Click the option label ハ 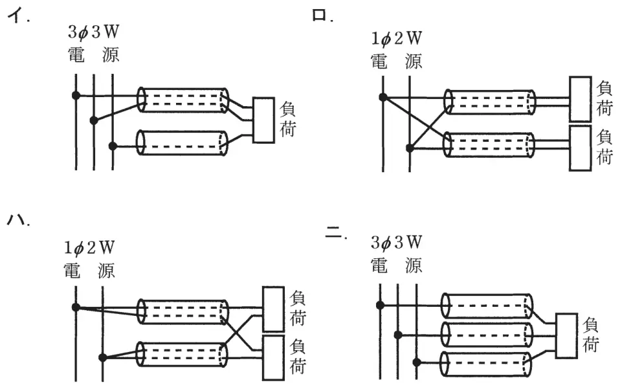(x=16, y=219)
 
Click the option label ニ (x=333, y=233)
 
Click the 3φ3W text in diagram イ (x=93, y=32)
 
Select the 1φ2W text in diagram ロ (x=396, y=39)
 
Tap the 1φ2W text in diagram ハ (x=89, y=248)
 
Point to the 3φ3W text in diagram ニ (x=396, y=242)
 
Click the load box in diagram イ (x=263, y=120)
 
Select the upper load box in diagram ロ (x=580, y=99)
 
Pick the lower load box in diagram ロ (x=580, y=148)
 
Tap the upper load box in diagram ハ (x=273, y=309)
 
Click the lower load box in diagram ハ (x=273, y=358)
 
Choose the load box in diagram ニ (x=566, y=336)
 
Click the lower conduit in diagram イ (x=183, y=142)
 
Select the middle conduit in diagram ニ (x=487, y=335)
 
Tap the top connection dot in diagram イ (x=76, y=95)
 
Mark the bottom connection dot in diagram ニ (x=417, y=362)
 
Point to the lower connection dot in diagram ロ (x=410, y=148)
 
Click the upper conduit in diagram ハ (x=183, y=312)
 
